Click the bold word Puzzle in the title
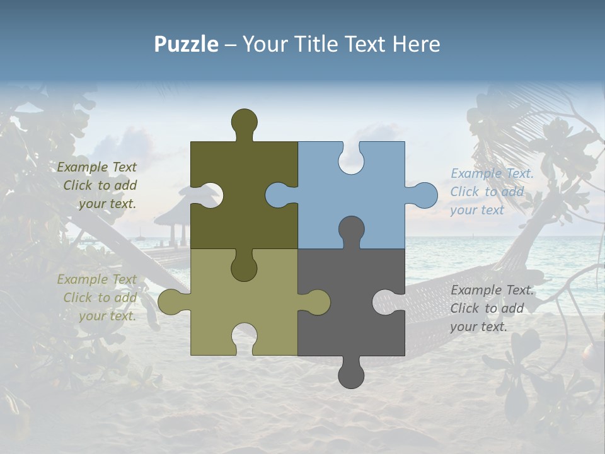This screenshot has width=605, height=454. [186, 44]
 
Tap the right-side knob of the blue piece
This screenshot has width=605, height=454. [424, 195]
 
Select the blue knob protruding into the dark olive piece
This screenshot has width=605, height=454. [278, 195]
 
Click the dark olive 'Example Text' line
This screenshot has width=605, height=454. [97, 167]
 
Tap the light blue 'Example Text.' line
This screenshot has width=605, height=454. [492, 173]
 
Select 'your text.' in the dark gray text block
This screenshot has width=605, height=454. [478, 327]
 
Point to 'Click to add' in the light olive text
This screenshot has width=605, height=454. [100, 298]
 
